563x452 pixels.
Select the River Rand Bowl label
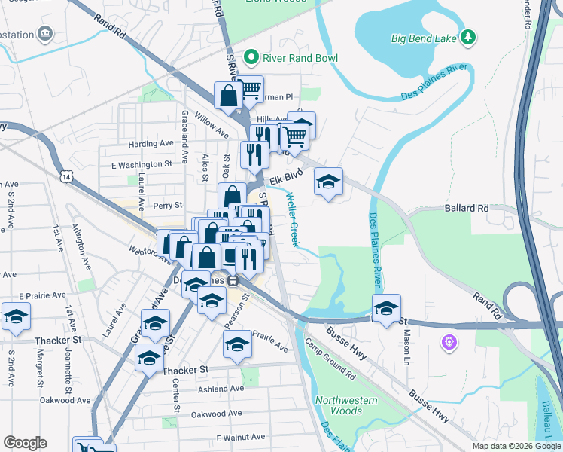pyautogui.click(x=300, y=58)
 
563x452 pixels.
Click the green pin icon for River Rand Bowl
pyautogui.click(x=252, y=57)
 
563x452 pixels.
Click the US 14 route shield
pyautogui.click(x=67, y=176)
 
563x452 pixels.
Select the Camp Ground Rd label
pyautogui.click(x=330, y=356)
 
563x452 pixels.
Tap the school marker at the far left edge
pyautogui.click(x=15, y=318)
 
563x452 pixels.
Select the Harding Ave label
pyautogui.click(x=151, y=144)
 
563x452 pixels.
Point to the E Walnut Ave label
pyautogui.click(x=241, y=437)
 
